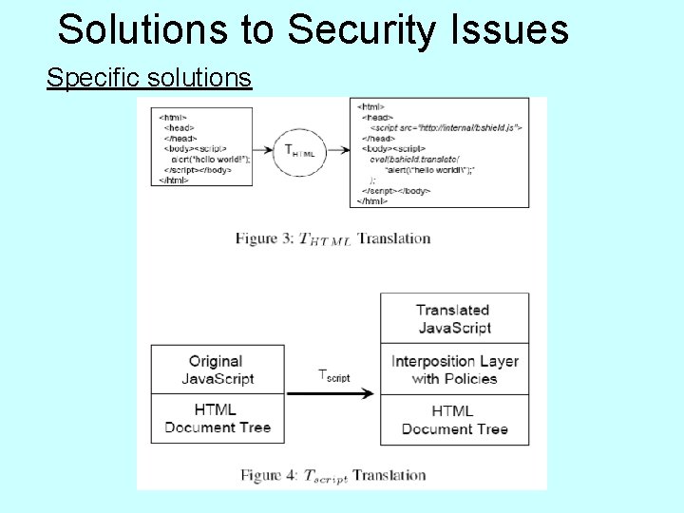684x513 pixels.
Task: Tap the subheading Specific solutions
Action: (149, 77)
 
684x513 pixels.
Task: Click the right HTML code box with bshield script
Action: (440, 152)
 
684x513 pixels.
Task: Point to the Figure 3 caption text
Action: (332, 238)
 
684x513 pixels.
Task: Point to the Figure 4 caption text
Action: (332, 475)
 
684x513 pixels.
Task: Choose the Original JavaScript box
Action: (217, 370)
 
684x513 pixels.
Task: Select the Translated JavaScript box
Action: (454, 319)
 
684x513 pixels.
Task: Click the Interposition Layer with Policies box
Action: (454, 370)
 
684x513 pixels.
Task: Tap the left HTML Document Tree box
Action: (217, 418)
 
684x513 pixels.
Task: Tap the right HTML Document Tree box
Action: (454, 420)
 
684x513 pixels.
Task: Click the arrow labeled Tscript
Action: (332, 393)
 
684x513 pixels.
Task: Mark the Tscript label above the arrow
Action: (332, 375)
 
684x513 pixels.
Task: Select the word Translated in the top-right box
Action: (453, 310)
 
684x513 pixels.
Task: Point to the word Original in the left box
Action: (216, 361)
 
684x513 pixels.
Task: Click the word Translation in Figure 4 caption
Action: (389, 475)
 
